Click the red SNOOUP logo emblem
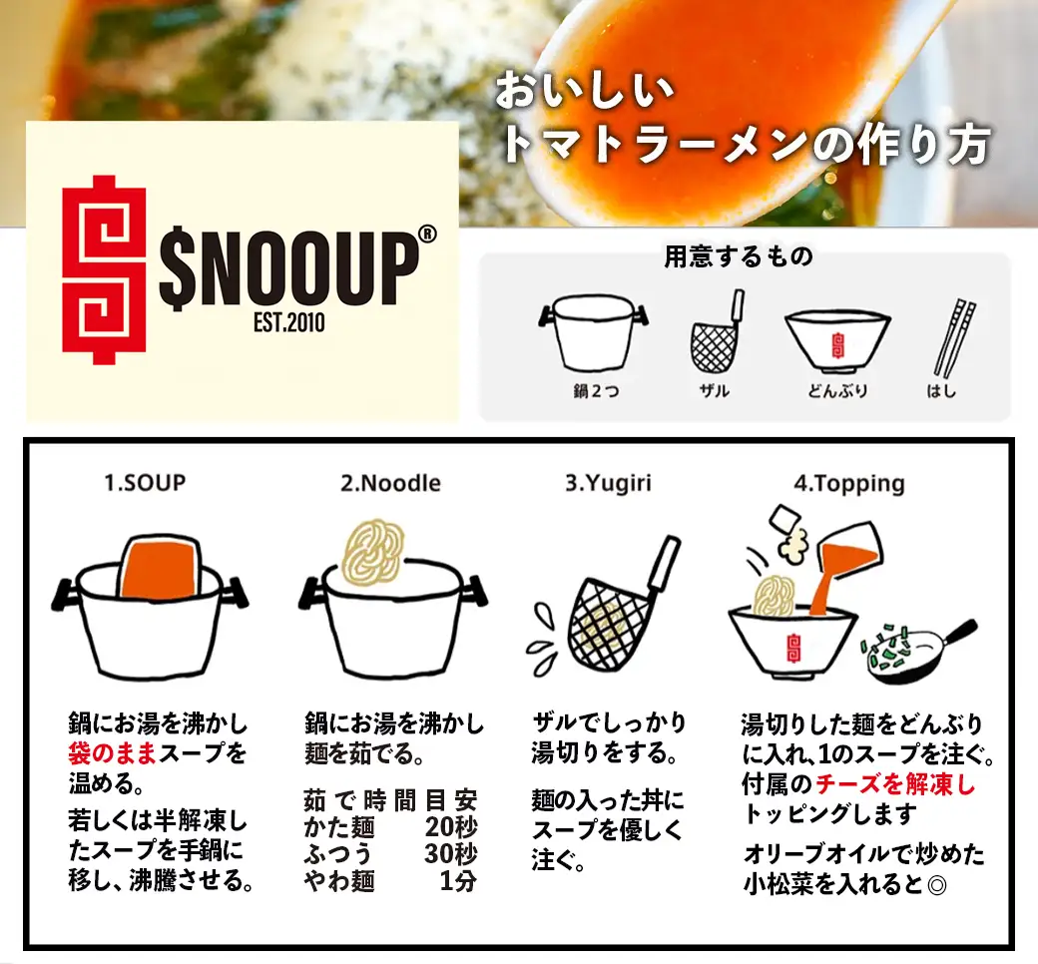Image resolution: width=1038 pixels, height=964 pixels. pos(104,269)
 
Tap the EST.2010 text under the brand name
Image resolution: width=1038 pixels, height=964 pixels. pos(289,323)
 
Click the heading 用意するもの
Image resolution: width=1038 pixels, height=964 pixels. pos(740,257)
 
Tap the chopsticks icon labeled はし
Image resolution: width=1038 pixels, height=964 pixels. pos(952,336)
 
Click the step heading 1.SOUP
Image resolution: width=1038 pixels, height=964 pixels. pos(145,483)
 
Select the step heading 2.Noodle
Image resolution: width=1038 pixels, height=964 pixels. pos(390,483)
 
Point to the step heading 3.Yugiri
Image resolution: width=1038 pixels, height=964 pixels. pos(608,483)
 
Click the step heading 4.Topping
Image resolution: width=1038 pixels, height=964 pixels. pos(849,483)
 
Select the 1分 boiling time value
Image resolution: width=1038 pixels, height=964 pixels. pos(457,881)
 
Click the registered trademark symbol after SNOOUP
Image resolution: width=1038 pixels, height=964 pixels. pos(427,233)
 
